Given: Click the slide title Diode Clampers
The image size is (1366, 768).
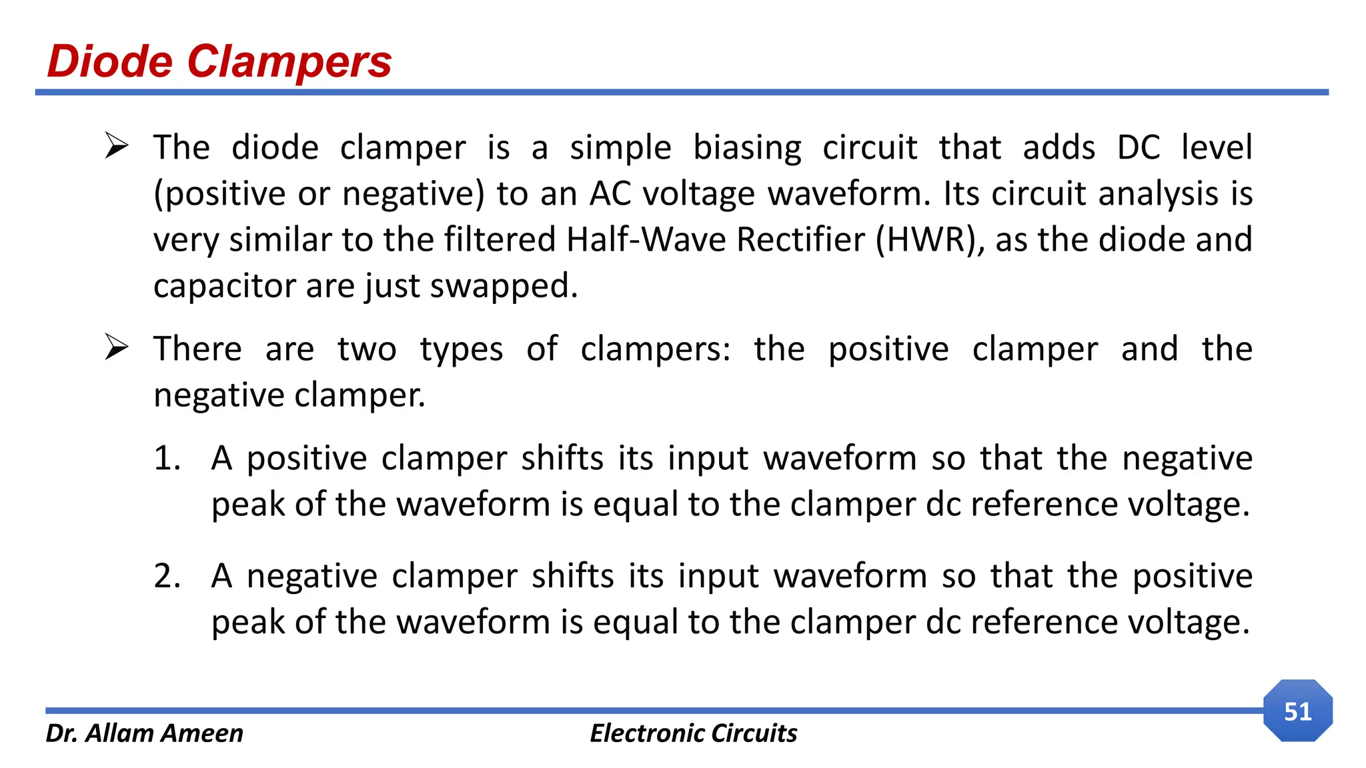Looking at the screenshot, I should [219, 61].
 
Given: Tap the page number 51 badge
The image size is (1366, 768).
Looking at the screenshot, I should [1297, 711].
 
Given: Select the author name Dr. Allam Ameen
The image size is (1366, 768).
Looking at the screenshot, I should [144, 733].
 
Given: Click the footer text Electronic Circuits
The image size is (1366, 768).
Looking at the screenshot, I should [693, 733].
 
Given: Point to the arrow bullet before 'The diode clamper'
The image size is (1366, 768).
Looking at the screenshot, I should [117, 146].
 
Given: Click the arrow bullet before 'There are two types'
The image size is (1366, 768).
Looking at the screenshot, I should [117, 348].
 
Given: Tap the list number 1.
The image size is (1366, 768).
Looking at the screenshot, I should [167, 459].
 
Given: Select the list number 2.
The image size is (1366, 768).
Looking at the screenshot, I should [167, 576].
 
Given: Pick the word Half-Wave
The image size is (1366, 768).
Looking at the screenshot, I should [646, 240].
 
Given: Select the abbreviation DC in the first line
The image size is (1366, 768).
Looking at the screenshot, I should [1139, 147].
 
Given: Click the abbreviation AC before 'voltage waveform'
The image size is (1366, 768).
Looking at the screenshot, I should [610, 194].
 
